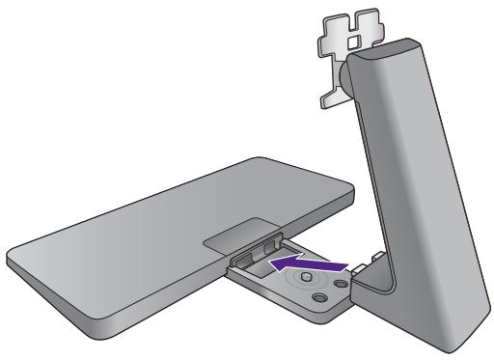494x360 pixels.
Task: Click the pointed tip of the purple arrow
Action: [270, 262]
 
